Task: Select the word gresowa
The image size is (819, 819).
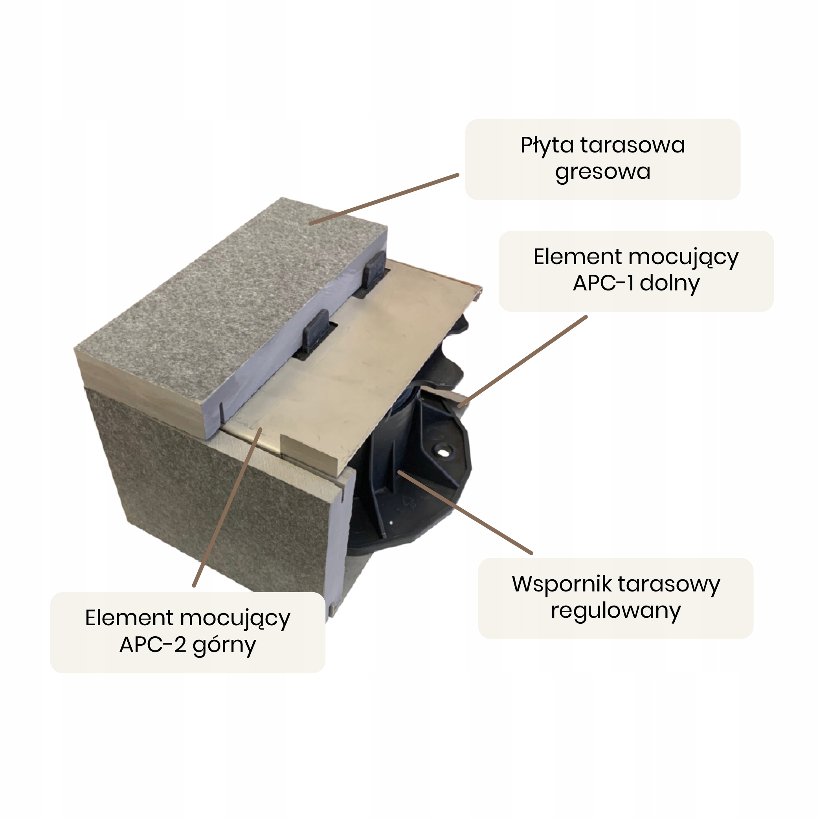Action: click(602, 172)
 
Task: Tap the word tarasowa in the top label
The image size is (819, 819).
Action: click(632, 145)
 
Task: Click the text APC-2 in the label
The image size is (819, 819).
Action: click(152, 645)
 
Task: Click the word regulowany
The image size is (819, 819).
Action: click(615, 611)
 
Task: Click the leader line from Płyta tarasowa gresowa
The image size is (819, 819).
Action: click(384, 199)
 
